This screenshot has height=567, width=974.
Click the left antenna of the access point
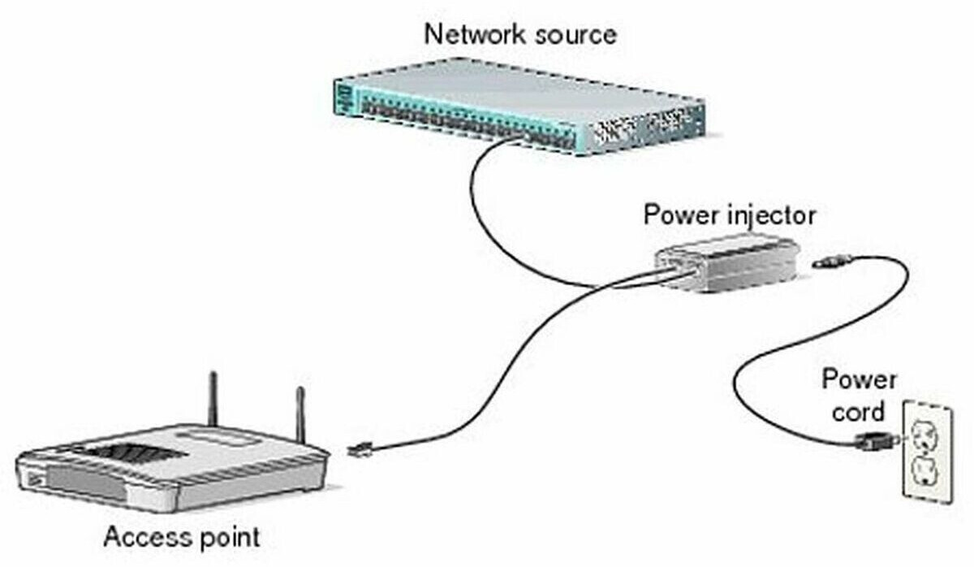pos(213,398)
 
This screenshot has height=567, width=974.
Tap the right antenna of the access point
pos(300,414)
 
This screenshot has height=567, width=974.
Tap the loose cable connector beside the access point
pos(357,448)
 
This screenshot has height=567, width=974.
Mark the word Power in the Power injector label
pos(678,215)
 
